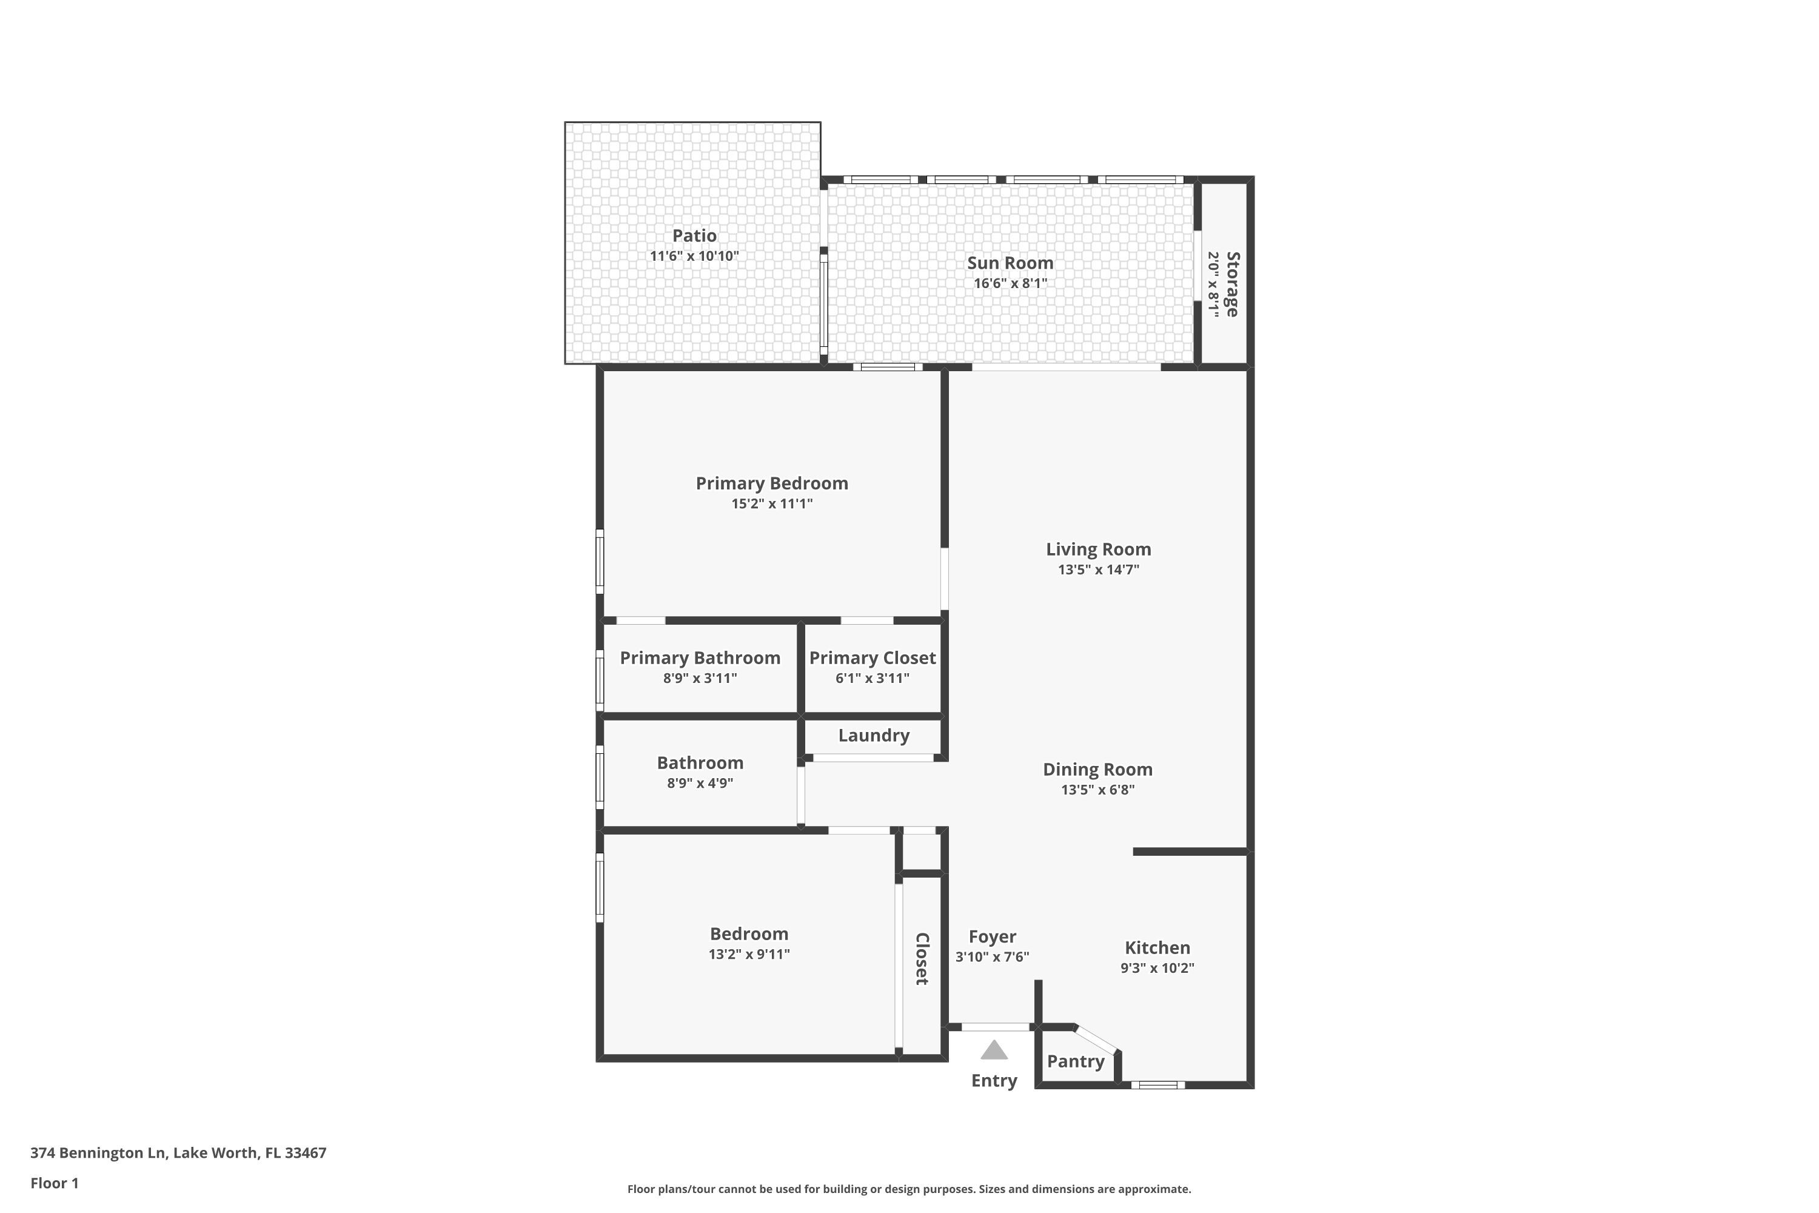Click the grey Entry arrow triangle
(x=994, y=1050)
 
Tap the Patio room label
(x=694, y=235)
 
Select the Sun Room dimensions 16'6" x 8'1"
(x=1010, y=283)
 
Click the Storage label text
(x=1233, y=284)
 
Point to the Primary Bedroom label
(x=772, y=483)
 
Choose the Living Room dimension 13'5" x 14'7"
(x=1098, y=570)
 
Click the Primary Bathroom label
(x=700, y=657)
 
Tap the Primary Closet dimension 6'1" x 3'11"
(x=873, y=679)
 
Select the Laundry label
(x=874, y=736)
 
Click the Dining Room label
(x=1097, y=770)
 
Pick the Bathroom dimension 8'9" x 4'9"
(x=700, y=783)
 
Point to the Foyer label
(x=992, y=937)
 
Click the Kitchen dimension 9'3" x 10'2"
(x=1157, y=968)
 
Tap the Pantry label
(x=1075, y=1061)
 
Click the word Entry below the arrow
(x=994, y=1081)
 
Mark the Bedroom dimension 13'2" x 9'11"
(x=749, y=954)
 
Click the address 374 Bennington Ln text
(x=98, y=1153)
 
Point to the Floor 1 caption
(x=54, y=1183)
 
